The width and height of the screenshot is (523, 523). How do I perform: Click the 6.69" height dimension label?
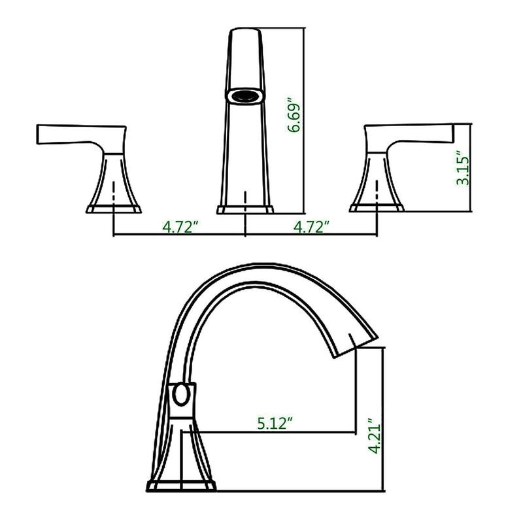click(x=295, y=116)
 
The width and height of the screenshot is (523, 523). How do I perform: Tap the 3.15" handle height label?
click(x=463, y=169)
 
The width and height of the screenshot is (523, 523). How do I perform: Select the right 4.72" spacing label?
click(x=311, y=227)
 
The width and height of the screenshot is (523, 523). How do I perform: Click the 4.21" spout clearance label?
click(x=373, y=436)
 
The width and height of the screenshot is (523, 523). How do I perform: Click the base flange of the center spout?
click(x=245, y=210)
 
